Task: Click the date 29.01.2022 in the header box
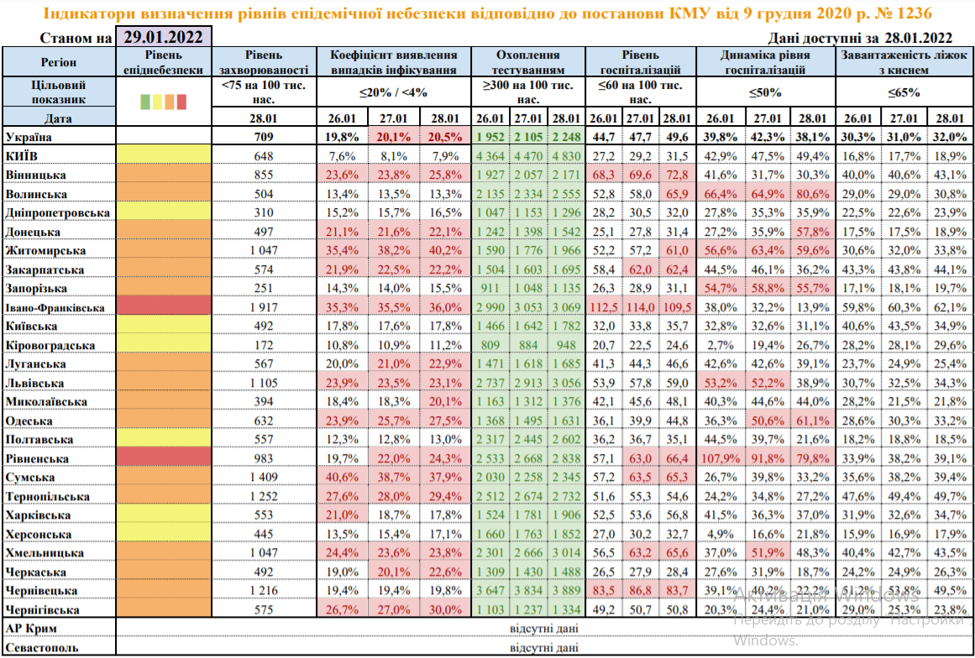tap(163, 37)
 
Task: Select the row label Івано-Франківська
tap(55, 308)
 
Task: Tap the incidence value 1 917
tap(264, 308)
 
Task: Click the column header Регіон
tap(58, 62)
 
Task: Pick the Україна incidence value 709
tap(264, 136)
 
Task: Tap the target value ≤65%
tap(904, 92)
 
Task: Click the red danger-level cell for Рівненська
tap(163, 459)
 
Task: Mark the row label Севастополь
tap(42, 648)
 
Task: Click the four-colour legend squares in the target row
tap(163, 102)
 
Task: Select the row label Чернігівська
tap(43, 610)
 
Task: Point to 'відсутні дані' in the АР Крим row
tap(544, 629)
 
